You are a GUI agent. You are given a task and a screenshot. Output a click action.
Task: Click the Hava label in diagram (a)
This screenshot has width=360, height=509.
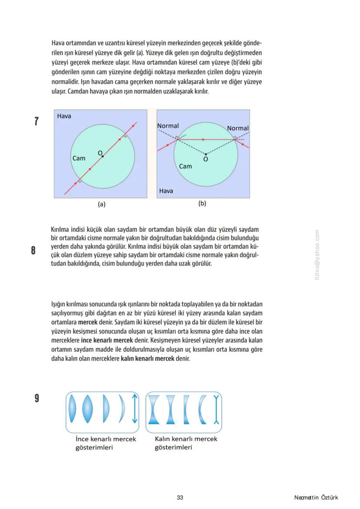pos(64,116)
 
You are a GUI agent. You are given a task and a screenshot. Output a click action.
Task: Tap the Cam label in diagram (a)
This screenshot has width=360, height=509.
pos(79,158)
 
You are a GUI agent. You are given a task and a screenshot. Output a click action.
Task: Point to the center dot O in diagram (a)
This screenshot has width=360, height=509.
pos(103,156)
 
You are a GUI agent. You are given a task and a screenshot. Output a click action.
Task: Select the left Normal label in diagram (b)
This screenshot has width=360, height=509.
pos(168,126)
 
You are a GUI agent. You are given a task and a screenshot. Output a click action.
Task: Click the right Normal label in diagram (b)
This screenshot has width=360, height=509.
pos(238,128)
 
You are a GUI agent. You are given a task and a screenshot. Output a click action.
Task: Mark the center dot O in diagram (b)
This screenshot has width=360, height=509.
pos(206,154)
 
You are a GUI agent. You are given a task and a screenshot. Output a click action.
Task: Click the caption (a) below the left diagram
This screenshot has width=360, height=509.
pos(101,203)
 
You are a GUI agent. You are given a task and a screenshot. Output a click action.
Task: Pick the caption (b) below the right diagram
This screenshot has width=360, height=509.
pos(202,203)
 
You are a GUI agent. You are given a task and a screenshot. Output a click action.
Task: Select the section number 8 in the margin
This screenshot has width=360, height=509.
pos(33,251)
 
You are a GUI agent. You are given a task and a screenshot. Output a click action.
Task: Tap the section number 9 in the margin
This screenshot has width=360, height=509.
pos(37,398)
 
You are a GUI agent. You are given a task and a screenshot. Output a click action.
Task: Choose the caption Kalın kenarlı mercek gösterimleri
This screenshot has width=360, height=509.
pos(186,443)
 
